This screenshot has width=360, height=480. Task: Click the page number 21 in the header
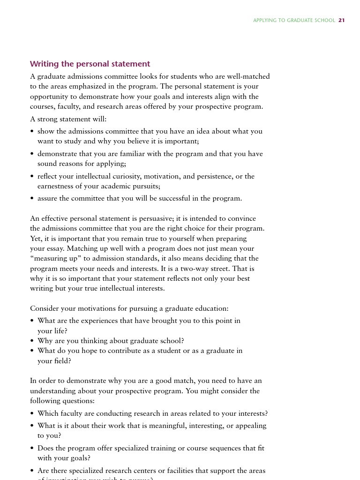coord(341,20)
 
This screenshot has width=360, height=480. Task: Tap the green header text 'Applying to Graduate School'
coord(294,20)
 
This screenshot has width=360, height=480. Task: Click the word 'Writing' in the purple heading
coord(44,64)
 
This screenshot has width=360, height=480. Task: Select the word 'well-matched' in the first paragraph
coord(250,76)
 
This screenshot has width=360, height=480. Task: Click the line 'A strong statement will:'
coord(68,119)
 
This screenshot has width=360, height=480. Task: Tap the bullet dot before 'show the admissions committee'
coord(32,132)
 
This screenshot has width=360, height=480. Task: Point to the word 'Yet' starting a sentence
coord(36,239)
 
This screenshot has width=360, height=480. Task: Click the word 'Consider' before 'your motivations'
coord(44,308)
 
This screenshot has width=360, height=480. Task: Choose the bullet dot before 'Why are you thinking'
coord(32,341)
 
